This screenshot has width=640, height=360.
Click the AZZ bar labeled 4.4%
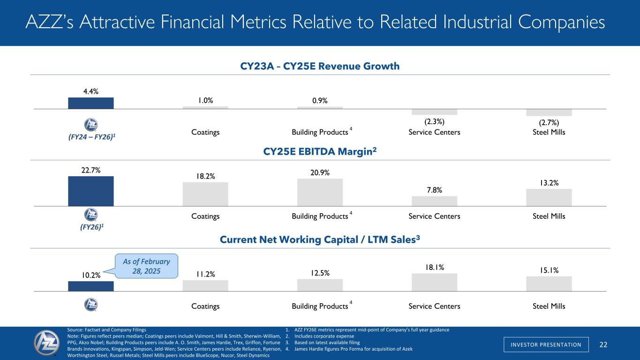[x=90, y=103]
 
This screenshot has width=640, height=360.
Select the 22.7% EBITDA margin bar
[x=90, y=191]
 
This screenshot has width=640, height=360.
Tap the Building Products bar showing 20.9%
[x=320, y=192]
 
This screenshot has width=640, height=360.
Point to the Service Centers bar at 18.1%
[x=434, y=282]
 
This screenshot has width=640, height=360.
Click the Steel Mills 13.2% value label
[x=549, y=183]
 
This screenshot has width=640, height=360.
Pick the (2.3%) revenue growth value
[x=434, y=122]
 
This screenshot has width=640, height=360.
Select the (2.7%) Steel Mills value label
[x=549, y=123]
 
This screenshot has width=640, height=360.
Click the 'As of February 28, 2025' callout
[x=147, y=266]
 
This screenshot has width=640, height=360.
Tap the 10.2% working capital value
[x=90, y=275]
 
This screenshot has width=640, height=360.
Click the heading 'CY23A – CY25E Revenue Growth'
[x=320, y=66]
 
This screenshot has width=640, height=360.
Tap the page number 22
[x=603, y=345]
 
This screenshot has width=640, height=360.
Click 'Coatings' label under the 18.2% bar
[x=205, y=216]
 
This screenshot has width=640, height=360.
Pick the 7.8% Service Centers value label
[x=434, y=190]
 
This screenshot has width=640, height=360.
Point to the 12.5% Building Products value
[x=320, y=272]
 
